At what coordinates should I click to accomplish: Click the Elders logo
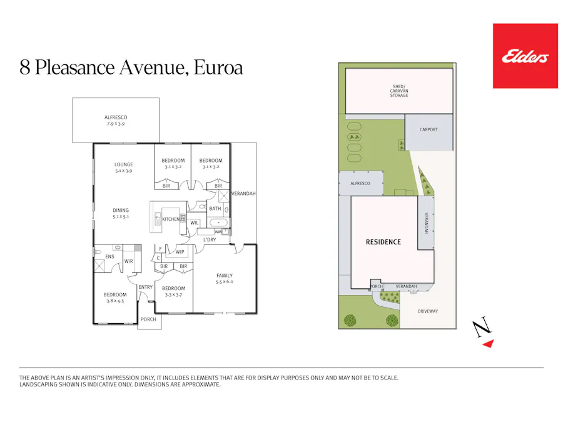pos(525,56)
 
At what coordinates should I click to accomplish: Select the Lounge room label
pos(123,165)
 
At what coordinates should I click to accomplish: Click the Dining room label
pos(121,210)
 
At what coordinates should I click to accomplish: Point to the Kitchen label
pos(170,219)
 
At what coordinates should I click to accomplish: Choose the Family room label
pos(224,275)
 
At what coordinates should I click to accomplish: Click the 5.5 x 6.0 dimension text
pos(224,282)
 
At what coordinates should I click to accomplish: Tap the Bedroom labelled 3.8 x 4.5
pos(115,294)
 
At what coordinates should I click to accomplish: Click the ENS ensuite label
pos(109,256)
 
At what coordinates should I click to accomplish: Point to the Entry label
pos(145,287)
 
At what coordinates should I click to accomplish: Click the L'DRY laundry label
pos(210,240)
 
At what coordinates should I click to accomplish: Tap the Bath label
pos(215,209)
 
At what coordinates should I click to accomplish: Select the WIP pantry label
pos(180,252)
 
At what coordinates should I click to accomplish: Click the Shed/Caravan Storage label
pos(399,91)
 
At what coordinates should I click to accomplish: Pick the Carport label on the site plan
pos(429,129)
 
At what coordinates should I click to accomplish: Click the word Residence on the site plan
pos(383,242)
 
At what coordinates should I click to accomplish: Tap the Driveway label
pos(428,311)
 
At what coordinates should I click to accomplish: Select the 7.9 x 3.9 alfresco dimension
pos(116,124)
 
